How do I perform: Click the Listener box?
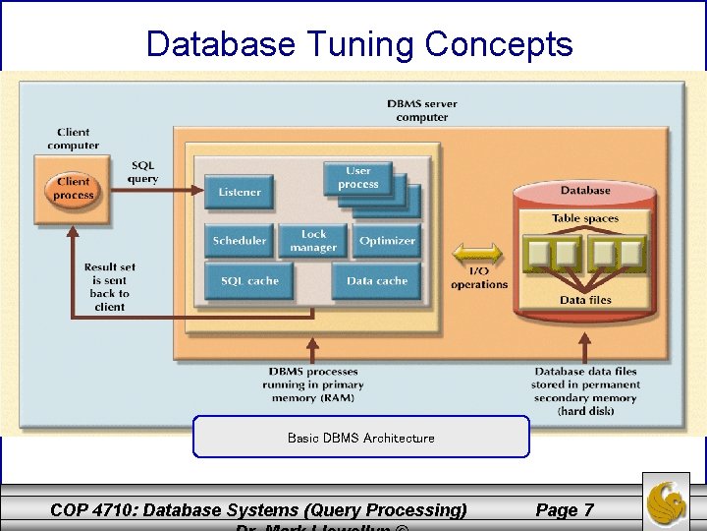(x=240, y=193)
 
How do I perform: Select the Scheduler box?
(x=240, y=241)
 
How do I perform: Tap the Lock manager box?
(x=313, y=241)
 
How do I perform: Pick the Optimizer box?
(x=387, y=241)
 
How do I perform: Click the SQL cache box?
(x=249, y=281)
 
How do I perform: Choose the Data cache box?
(x=376, y=281)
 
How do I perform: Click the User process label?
(x=358, y=178)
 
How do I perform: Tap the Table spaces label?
(x=585, y=218)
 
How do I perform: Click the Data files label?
(x=585, y=300)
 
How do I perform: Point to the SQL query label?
(x=142, y=172)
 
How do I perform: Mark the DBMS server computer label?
(x=421, y=110)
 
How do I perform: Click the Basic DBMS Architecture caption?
(x=360, y=438)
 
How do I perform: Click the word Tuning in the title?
(x=361, y=44)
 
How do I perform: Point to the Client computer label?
(x=73, y=139)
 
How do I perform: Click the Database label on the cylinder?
(x=585, y=190)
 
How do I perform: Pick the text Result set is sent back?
(x=109, y=286)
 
